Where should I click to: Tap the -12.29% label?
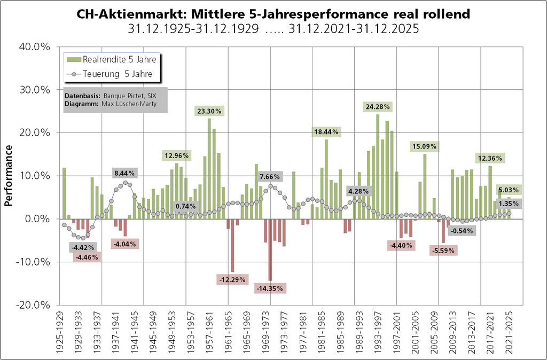tap(232, 279)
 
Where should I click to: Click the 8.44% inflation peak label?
tap(125, 173)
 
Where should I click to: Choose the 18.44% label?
tap(326, 131)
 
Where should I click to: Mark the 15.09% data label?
tap(424, 146)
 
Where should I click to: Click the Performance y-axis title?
tap(9, 176)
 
